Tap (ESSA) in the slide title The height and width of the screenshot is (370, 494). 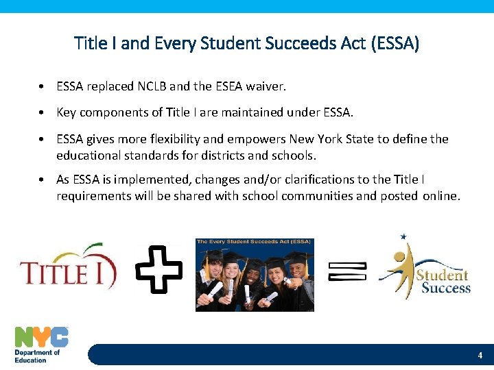coord(395,45)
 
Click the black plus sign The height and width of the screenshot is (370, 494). coord(159,269)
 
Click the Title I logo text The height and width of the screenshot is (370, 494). coord(67,272)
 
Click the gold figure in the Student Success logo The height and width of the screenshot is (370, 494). coord(398,267)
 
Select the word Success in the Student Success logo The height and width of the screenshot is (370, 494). coord(445,288)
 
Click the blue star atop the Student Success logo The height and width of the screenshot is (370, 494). coord(403,237)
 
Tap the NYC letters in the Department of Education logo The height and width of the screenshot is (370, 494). coord(42,337)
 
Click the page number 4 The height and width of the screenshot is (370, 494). coord(480,356)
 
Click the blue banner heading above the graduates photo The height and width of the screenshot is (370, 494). coord(255,242)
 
